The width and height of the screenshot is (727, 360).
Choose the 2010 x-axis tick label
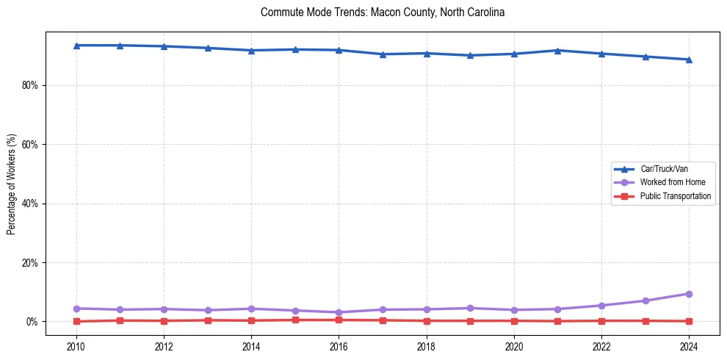pyautogui.click(x=76, y=345)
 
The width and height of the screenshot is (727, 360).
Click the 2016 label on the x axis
pyautogui.click(x=339, y=345)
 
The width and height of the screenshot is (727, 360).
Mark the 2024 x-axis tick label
pyautogui.click(x=689, y=345)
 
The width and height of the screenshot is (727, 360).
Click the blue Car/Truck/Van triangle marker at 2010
pyautogui.click(x=76, y=46)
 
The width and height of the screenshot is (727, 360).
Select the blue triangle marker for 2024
pyautogui.click(x=689, y=60)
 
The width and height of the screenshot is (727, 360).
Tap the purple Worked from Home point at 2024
pyautogui.click(x=689, y=294)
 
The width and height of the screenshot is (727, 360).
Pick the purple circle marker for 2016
pyautogui.click(x=339, y=312)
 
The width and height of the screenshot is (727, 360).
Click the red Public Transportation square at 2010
pyautogui.click(x=76, y=321)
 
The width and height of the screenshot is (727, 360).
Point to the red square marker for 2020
pyautogui.click(x=514, y=320)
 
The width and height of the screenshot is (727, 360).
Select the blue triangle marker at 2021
pyautogui.click(x=557, y=50)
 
